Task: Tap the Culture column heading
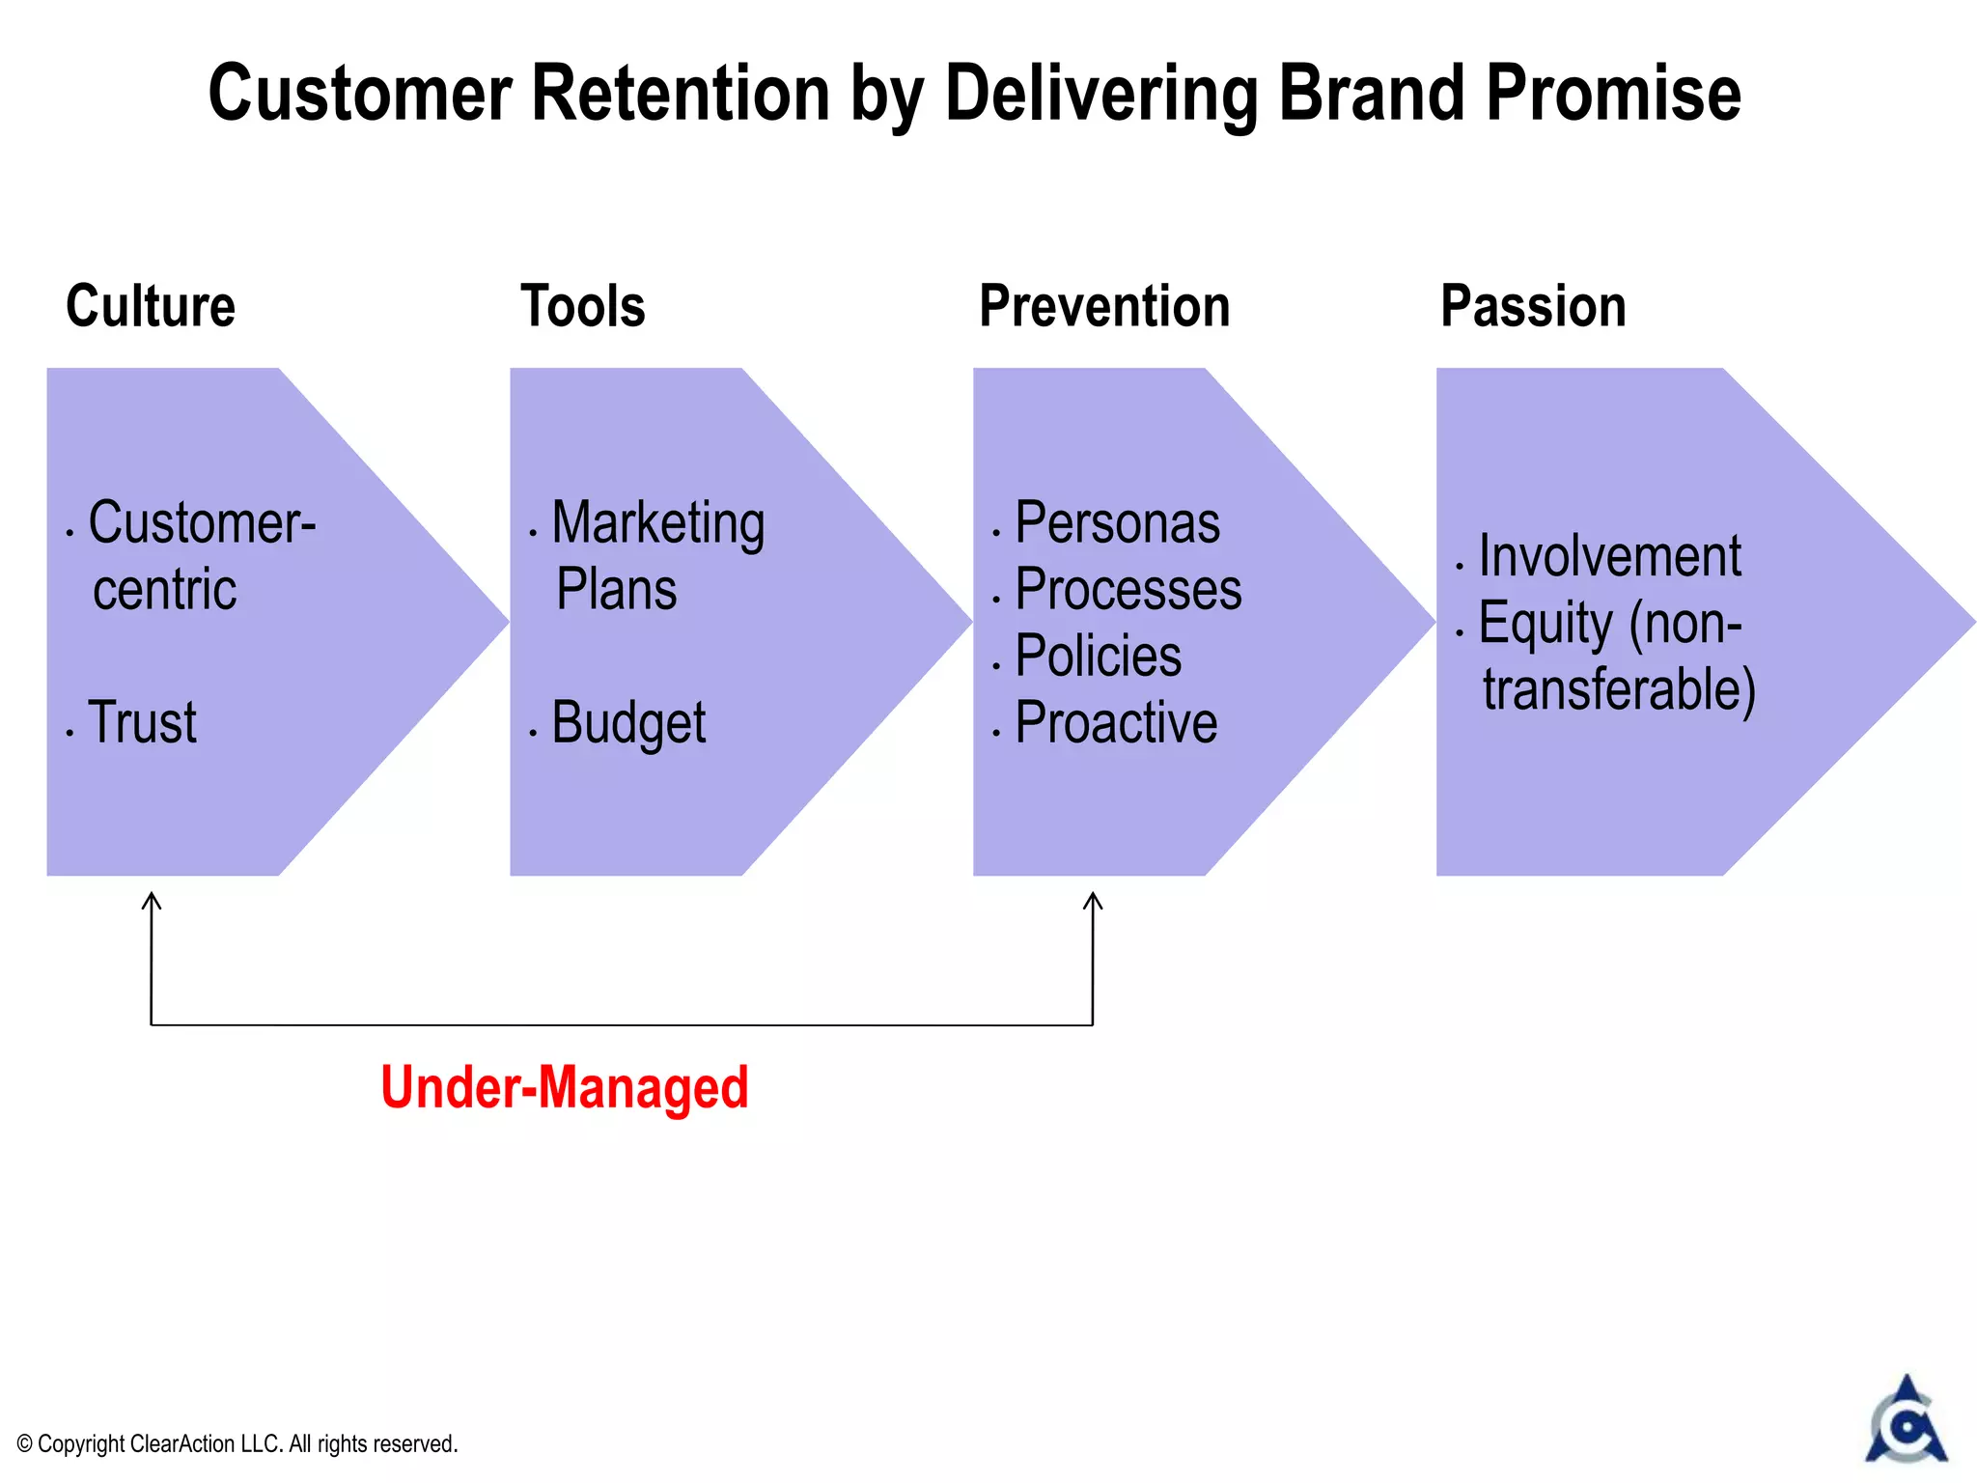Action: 151,306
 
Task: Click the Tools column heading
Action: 583,306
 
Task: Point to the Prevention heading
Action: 1104,306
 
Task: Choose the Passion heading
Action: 1533,306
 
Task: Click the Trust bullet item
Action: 142,722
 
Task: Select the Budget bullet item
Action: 628,723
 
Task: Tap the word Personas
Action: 1118,523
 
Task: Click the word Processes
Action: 1128,590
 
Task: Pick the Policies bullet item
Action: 1099,657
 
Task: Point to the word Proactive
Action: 1117,723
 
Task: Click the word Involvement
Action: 1610,556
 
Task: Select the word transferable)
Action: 1620,689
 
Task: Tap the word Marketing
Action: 658,523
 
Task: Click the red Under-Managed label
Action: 565,1087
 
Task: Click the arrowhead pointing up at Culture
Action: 152,900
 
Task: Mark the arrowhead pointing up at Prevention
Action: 1093,900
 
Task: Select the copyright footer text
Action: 237,1443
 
